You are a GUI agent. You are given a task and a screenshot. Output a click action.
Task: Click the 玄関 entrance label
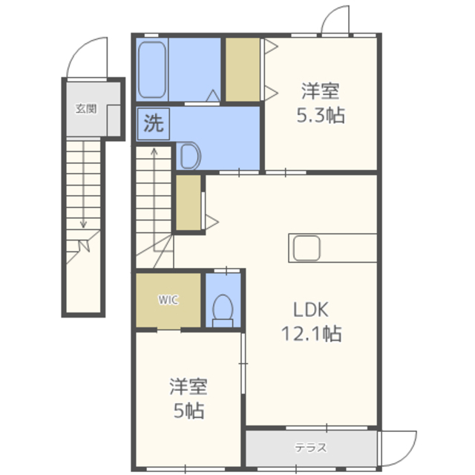click(x=86, y=108)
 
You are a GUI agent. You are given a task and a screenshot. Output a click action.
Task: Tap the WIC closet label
click(x=168, y=300)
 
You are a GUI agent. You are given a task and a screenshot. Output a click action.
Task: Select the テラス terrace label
click(x=311, y=448)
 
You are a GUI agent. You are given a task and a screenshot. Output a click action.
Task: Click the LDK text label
click(x=311, y=310)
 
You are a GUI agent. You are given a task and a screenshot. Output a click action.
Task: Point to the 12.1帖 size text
click(x=312, y=334)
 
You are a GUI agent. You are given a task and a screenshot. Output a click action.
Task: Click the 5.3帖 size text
click(x=321, y=116)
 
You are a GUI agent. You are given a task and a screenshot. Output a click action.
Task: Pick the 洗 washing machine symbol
click(x=154, y=124)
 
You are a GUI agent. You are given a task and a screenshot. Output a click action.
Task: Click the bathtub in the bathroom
click(x=152, y=70)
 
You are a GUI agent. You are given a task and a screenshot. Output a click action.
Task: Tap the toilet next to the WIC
click(x=223, y=311)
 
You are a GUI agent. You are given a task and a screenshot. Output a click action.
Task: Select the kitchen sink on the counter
click(x=307, y=248)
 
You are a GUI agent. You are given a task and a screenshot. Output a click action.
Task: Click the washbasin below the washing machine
click(x=190, y=156)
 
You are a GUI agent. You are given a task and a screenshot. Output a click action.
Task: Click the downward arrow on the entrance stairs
click(x=83, y=185)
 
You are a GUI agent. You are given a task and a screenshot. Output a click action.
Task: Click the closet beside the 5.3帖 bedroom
click(x=243, y=70)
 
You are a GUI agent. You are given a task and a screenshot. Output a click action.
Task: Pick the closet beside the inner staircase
click(x=189, y=203)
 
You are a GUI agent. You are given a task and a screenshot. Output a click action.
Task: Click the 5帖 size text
click(x=189, y=410)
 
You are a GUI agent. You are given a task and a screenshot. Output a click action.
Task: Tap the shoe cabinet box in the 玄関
click(x=114, y=120)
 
